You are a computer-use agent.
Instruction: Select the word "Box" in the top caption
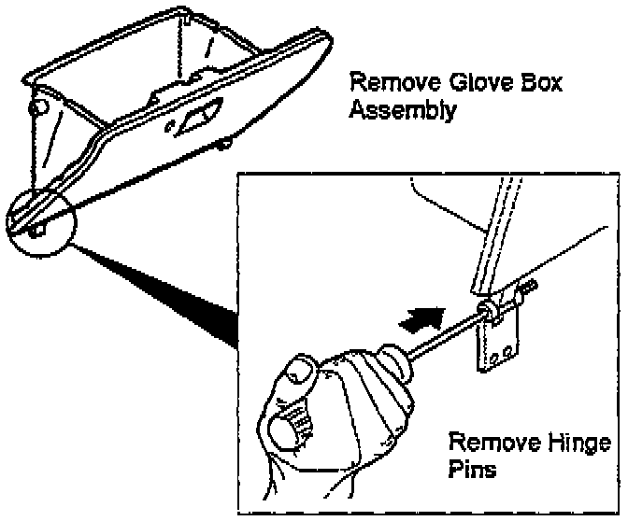click(x=536, y=83)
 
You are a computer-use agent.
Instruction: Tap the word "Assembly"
click(x=403, y=111)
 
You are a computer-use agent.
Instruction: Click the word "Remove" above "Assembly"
click(x=386, y=83)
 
